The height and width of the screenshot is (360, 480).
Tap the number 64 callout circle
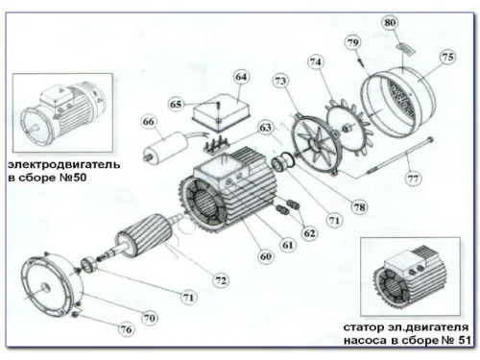pos(240,76)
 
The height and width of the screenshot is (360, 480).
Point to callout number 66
pos(148,122)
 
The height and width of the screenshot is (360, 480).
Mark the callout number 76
pos(126,329)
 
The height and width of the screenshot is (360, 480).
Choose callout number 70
pos(149,316)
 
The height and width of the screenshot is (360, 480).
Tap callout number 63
pos(264,126)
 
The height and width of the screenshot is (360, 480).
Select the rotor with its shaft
pos(144,245)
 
